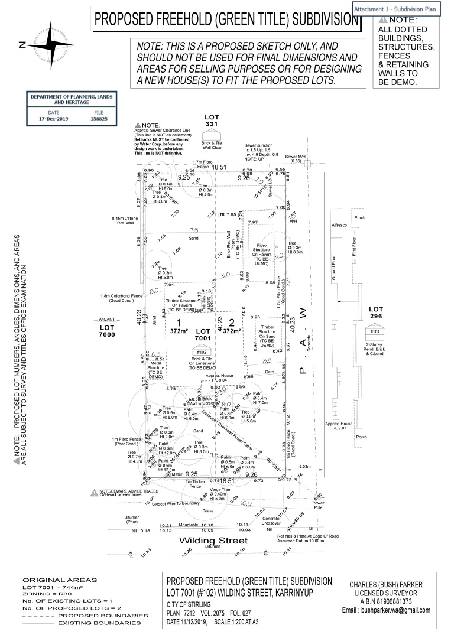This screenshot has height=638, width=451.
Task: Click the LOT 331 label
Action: (x=211, y=121)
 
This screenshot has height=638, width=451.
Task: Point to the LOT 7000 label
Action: (x=106, y=331)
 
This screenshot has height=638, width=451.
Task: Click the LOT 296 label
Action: (x=376, y=313)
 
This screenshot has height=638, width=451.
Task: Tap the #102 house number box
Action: (x=201, y=352)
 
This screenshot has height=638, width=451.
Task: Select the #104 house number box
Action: (x=375, y=331)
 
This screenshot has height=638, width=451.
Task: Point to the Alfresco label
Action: (x=339, y=225)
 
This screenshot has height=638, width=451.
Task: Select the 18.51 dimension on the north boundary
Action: (x=219, y=167)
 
